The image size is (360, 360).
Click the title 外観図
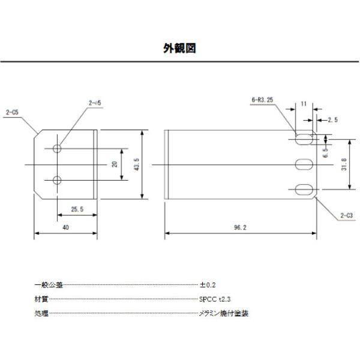(x=180, y=48)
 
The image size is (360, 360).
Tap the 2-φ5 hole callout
(x=95, y=103)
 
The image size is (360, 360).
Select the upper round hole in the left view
(x=58, y=148)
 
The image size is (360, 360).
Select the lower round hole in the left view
(x=58, y=179)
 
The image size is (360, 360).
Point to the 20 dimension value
(x=114, y=164)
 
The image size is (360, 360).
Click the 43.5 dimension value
(x=137, y=164)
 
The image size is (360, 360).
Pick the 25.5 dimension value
(x=77, y=209)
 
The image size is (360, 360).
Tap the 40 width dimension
(x=65, y=228)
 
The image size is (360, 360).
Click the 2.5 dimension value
(x=332, y=120)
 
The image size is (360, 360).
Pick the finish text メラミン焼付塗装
(x=224, y=313)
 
